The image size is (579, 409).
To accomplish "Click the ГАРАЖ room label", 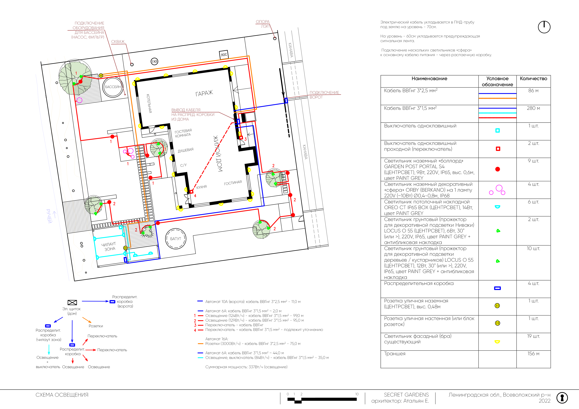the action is tap(204, 93).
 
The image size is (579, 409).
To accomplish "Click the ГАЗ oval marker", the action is tap(154, 61).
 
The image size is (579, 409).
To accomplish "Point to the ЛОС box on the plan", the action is tap(224, 54).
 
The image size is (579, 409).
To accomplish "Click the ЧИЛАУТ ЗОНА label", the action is tap(109, 246).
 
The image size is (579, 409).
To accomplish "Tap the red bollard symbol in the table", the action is tap(498, 169).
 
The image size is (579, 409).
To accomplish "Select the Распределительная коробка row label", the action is tap(419, 284).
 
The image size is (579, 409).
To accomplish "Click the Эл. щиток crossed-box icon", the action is tap(72, 302).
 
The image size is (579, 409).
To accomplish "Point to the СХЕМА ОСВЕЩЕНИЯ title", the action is tap(62, 395).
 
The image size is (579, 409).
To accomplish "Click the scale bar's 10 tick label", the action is tap(357, 394).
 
